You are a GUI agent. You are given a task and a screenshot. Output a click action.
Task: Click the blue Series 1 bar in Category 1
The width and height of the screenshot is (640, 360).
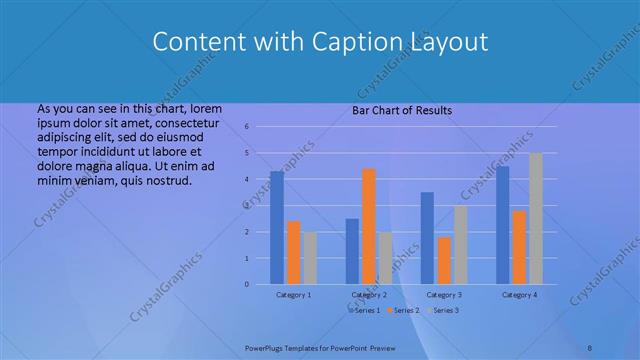pyautogui.click(x=277, y=228)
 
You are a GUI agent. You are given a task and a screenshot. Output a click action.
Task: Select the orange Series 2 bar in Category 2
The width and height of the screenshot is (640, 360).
pyautogui.click(x=368, y=227)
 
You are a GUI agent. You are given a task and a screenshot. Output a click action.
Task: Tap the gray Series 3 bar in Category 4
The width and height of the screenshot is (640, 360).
pyautogui.click(x=536, y=219)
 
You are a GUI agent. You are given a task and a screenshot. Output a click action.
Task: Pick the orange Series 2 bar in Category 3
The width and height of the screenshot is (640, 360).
pyautogui.click(x=444, y=261)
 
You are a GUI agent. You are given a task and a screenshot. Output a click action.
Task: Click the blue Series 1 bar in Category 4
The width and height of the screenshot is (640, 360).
pyautogui.click(x=503, y=225)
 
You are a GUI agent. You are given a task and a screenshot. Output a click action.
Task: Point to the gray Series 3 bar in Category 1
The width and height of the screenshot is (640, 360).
pyautogui.click(x=310, y=258)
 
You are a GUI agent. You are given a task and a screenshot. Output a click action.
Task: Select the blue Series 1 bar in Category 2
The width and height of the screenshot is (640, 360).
pyautogui.click(x=352, y=251)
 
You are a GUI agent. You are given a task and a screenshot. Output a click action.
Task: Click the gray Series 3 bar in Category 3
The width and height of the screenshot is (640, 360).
pyautogui.click(x=460, y=245)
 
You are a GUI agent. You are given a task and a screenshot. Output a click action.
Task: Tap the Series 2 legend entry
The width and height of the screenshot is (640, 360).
pyautogui.click(x=403, y=311)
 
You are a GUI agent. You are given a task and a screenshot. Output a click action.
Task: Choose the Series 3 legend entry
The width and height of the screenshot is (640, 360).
pyautogui.click(x=444, y=311)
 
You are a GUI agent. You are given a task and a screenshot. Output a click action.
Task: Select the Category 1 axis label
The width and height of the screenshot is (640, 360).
pyautogui.click(x=294, y=295)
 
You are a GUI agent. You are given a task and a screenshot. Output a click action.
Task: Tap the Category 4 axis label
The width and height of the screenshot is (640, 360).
pyautogui.click(x=519, y=295)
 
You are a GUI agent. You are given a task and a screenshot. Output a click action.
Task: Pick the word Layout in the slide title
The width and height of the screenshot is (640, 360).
pyautogui.click(x=448, y=42)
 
